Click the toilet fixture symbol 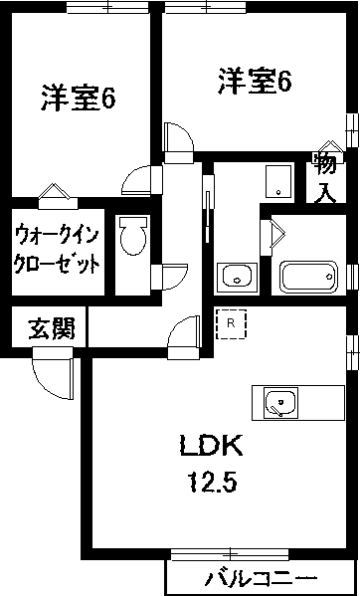pos(131,238)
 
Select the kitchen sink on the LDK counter pos(279,403)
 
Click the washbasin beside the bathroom pos(237,276)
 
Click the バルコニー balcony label pos(262,578)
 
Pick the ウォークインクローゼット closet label pos(57,250)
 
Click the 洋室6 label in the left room pos(79,99)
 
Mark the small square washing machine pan pos(279,178)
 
